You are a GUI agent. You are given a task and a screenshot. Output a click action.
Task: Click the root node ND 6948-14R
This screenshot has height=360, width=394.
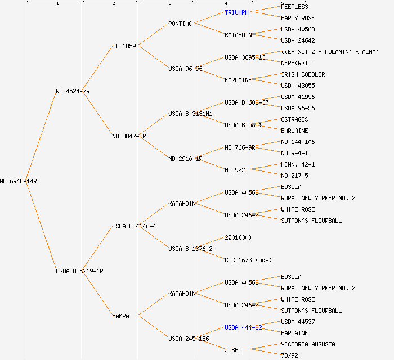pyautogui.click(x=19, y=181)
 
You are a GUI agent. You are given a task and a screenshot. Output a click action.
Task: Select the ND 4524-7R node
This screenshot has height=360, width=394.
pyautogui.click(x=73, y=91)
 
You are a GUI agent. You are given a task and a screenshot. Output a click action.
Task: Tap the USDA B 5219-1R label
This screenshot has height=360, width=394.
pyautogui.click(x=79, y=271)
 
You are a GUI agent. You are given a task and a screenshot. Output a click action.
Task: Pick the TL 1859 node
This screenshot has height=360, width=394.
pyautogui.click(x=124, y=46)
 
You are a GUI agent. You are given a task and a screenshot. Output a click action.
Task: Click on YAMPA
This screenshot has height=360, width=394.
pyautogui.click(x=120, y=316)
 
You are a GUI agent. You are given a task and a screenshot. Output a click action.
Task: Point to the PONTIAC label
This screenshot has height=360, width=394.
pyautogui.click(x=180, y=24)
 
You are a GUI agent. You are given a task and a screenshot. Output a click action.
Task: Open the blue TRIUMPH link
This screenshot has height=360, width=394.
pyautogui.click(x=236, y=12)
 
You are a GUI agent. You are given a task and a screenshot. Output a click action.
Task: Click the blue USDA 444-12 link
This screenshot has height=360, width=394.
pyautogui.click(x=243, y=327)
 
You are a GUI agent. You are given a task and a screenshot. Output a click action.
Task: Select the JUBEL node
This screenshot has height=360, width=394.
pyautogui.click(x=233, y=350)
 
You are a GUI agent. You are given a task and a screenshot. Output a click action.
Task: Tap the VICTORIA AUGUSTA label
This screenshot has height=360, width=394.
pyautogui.click(x=308, y=344)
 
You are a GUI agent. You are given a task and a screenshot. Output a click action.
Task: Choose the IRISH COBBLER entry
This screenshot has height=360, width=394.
pyautogui.click(x=303, y=74)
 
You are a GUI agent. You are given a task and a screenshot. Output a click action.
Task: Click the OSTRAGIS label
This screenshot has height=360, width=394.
pyautogui.click(x=294, y=119)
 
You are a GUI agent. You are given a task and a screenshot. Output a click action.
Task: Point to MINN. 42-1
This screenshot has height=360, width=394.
pyautogui.click(x=298, y=164)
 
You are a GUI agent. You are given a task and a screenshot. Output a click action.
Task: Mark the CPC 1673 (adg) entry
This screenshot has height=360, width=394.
pyautogui.click(x=248, y=260)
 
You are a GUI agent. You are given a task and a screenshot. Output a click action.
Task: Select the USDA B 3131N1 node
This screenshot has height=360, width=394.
pyautogui.click(x=190, y=114)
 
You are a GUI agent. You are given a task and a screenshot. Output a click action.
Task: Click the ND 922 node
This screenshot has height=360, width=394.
pyautogui.click(x=235, y=170)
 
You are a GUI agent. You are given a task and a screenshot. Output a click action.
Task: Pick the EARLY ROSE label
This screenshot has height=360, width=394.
pyautogui.click(x=298, y=18)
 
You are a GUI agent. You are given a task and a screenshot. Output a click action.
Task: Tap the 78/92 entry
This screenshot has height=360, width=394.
pyautogui.click(x=289, y=355)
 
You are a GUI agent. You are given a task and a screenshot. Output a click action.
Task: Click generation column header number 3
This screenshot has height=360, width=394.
pyautogui.click(x=169, y=4)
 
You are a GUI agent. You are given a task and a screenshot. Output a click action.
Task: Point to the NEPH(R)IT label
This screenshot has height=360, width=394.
pyautogui.click(x=296, y=63)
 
